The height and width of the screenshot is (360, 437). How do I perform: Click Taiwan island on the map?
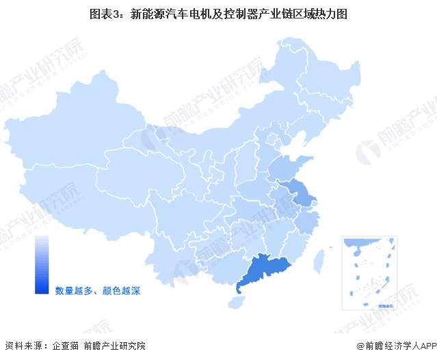319,260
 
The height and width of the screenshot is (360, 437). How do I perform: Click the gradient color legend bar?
42,265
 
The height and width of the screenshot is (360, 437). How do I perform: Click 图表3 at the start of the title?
104,14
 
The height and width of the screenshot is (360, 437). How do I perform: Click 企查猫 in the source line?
66,346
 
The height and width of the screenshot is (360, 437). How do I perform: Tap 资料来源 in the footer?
23,346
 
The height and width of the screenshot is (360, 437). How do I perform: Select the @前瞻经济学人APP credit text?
395,346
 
